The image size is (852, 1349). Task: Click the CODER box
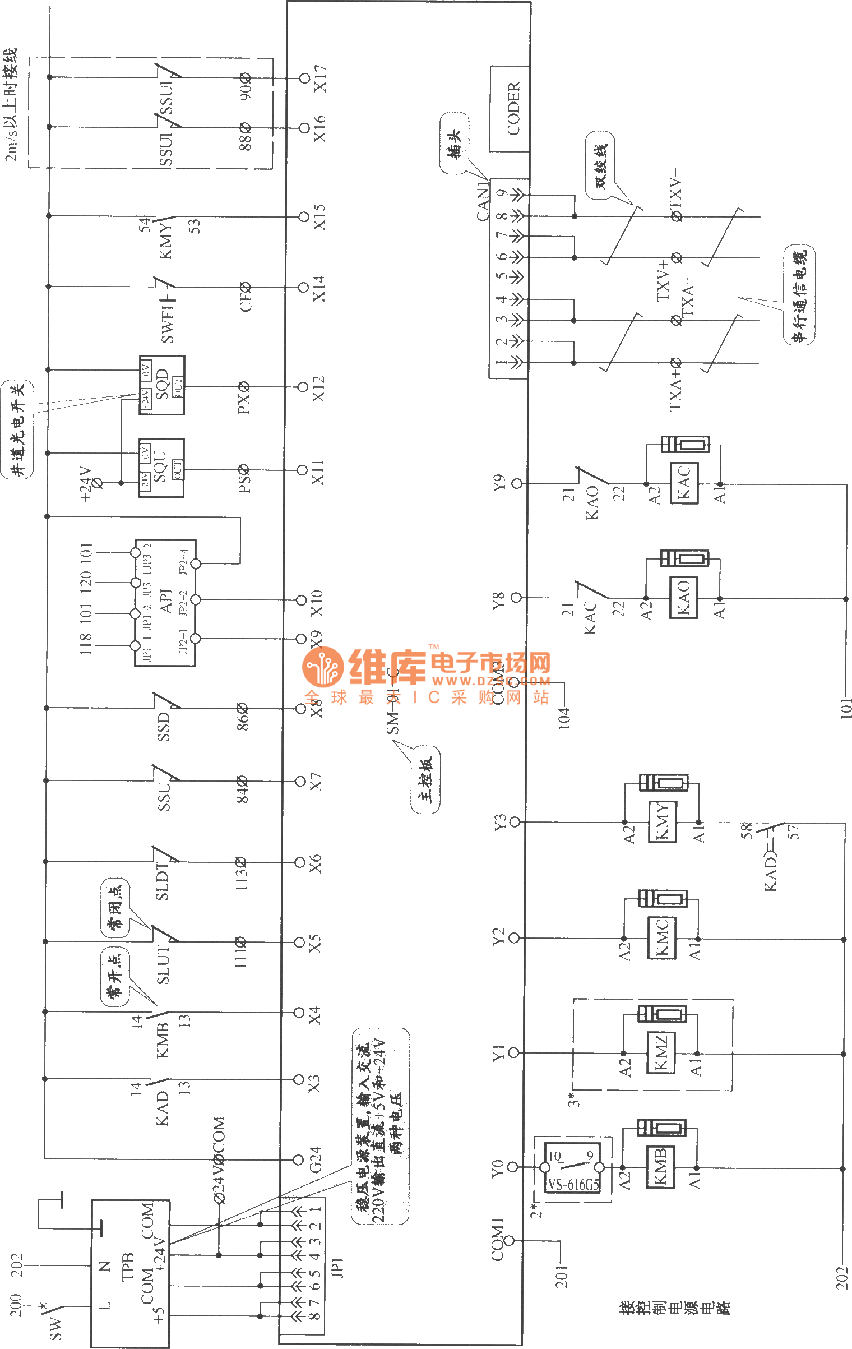coord(510,109)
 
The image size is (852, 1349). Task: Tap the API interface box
coord(165,603)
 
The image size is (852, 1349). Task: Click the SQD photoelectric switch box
coord(161,385)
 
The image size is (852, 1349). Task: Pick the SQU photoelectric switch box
coord(161,468)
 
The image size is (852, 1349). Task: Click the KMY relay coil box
coord(663,822)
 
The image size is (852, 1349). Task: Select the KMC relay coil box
coord(662,937)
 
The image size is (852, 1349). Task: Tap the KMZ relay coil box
coord(661,1052)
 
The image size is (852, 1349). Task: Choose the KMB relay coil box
coord(661,1167)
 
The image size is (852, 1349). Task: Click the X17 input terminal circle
coord(304,78)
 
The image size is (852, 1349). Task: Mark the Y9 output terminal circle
coord(517,483)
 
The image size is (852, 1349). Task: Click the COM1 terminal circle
coord(510,1241)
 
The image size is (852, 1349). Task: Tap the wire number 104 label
coord(564,718)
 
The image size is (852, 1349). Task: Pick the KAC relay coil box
coord(684,483)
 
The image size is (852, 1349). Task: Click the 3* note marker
coord(573,1099)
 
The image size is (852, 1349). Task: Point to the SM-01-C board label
coord(393,701)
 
